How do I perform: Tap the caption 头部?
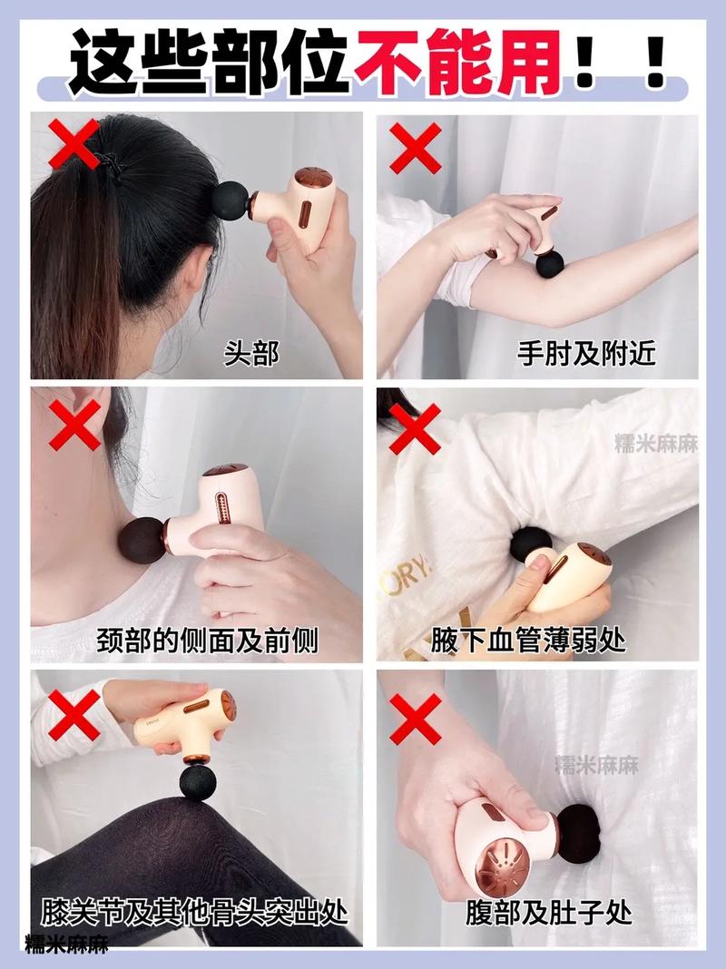250,354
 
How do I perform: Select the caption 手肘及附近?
585,354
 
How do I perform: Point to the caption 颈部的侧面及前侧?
207,641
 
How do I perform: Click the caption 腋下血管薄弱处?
529,641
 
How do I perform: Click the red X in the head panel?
74,144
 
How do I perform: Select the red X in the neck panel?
74,425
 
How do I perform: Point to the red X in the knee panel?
74,715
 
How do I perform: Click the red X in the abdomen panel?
416,719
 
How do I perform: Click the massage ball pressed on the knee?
200,782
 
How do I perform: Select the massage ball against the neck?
142,541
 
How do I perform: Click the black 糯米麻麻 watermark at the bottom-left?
67,944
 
